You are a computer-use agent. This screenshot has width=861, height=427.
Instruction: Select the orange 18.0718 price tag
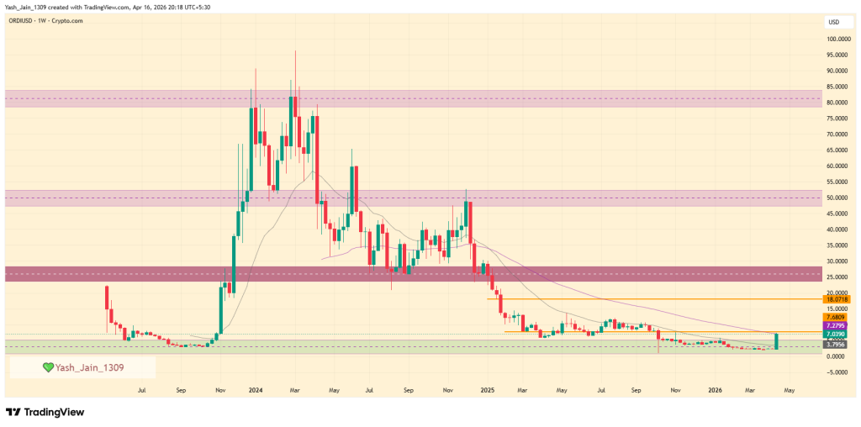coord(837,298)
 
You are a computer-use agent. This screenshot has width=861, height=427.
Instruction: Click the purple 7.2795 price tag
coord(837,325)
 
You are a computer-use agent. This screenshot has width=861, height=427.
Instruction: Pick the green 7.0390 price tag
coord(837,335)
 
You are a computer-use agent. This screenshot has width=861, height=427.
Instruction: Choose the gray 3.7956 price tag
coord(837,345)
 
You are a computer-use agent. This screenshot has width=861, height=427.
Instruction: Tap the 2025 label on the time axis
coord(486,390)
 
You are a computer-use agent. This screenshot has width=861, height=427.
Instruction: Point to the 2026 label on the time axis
coord(716,390)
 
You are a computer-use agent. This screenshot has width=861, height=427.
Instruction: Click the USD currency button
coord(834,22)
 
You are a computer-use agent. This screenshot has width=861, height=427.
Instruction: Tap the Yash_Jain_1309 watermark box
coord(82,367)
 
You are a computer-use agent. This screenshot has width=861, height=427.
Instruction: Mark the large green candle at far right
coord(777,340)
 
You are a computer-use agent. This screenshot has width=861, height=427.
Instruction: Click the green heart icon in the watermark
coord(49,367)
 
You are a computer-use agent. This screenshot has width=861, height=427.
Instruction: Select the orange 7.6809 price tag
coord(837,316)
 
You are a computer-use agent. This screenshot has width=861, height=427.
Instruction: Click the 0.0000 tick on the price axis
coord(837,356)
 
